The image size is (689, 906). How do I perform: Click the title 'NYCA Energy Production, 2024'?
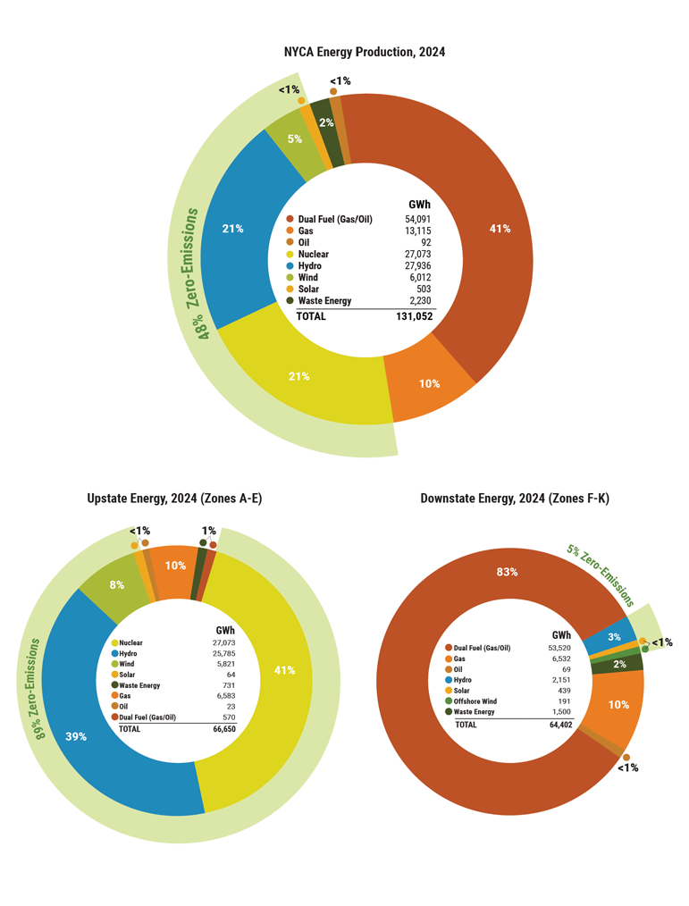[x=364, y=52]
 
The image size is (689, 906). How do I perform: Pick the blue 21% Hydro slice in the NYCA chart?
[x=234, y=230]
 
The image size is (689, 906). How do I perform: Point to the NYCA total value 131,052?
[x=417, y=316]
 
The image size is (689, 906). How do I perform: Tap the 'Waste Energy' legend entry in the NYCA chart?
[x=324, y=301]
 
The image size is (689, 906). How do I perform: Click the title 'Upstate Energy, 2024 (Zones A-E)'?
[x=175, y=498]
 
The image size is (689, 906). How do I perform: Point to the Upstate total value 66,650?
[x=224, y=729]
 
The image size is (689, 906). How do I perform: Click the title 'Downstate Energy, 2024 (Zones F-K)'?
[x=515, y=498]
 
